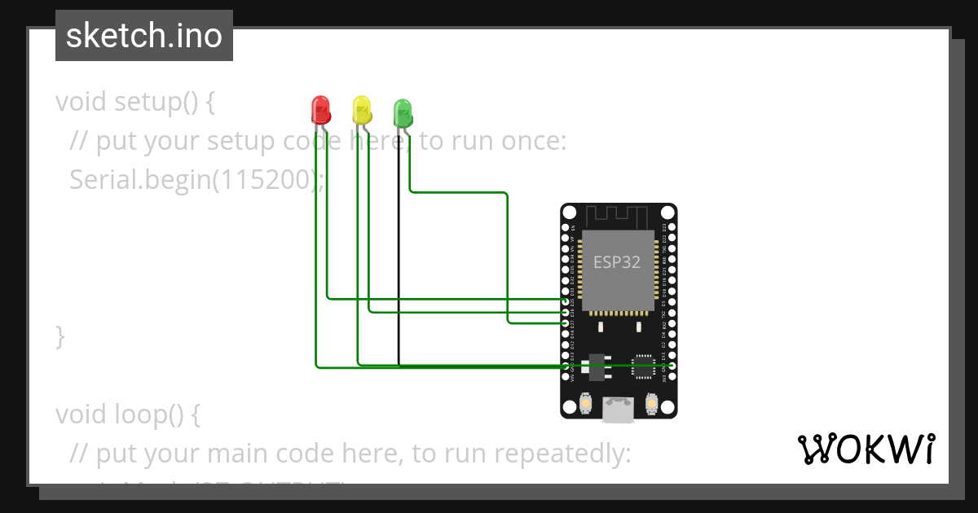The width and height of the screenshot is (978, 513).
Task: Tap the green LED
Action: pyautogui.click(x=403, y=112)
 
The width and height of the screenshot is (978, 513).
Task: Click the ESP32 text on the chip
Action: pyautogui.click(x=616, y=262)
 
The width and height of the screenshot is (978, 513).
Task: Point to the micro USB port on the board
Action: pyautogui.click(x=619, y=409)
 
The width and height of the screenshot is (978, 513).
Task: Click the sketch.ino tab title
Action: pyautogui.click(x=144, y=36)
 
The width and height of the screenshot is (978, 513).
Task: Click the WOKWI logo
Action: pyautogui.click(x=866, y=449)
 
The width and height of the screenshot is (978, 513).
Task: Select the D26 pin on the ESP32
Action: pyautogui.click(x=566, y=312)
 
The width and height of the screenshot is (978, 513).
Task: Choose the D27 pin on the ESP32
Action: pyautogui.click(x=566, y=322)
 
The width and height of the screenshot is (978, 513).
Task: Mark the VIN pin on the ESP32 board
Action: pyautogui.click(x=566, y=377)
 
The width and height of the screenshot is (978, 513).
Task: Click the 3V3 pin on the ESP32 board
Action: pyautogui.click(x=670, y=377)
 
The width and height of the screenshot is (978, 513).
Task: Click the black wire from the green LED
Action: pyautogui.click(x=399, y=244)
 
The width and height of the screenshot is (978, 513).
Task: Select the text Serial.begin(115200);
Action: pyautogui.click(x=196, y=179)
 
